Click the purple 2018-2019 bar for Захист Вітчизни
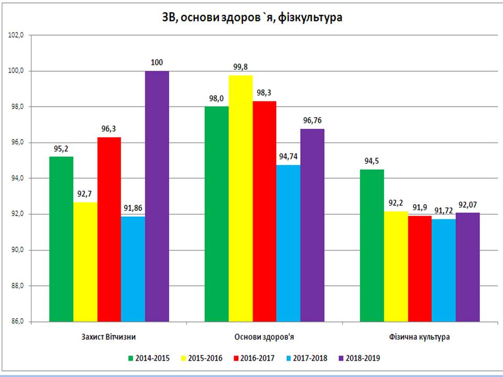tap(157, 196)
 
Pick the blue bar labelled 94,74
tap(289, 243)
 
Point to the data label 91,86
tap(133, 208)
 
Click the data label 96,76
tap(313, 120)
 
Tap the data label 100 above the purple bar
tap(157, 63)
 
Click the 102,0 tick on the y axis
tap(18, 35)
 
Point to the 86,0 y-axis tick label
tap(18, 321)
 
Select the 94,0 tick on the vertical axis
tap(18, 179)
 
